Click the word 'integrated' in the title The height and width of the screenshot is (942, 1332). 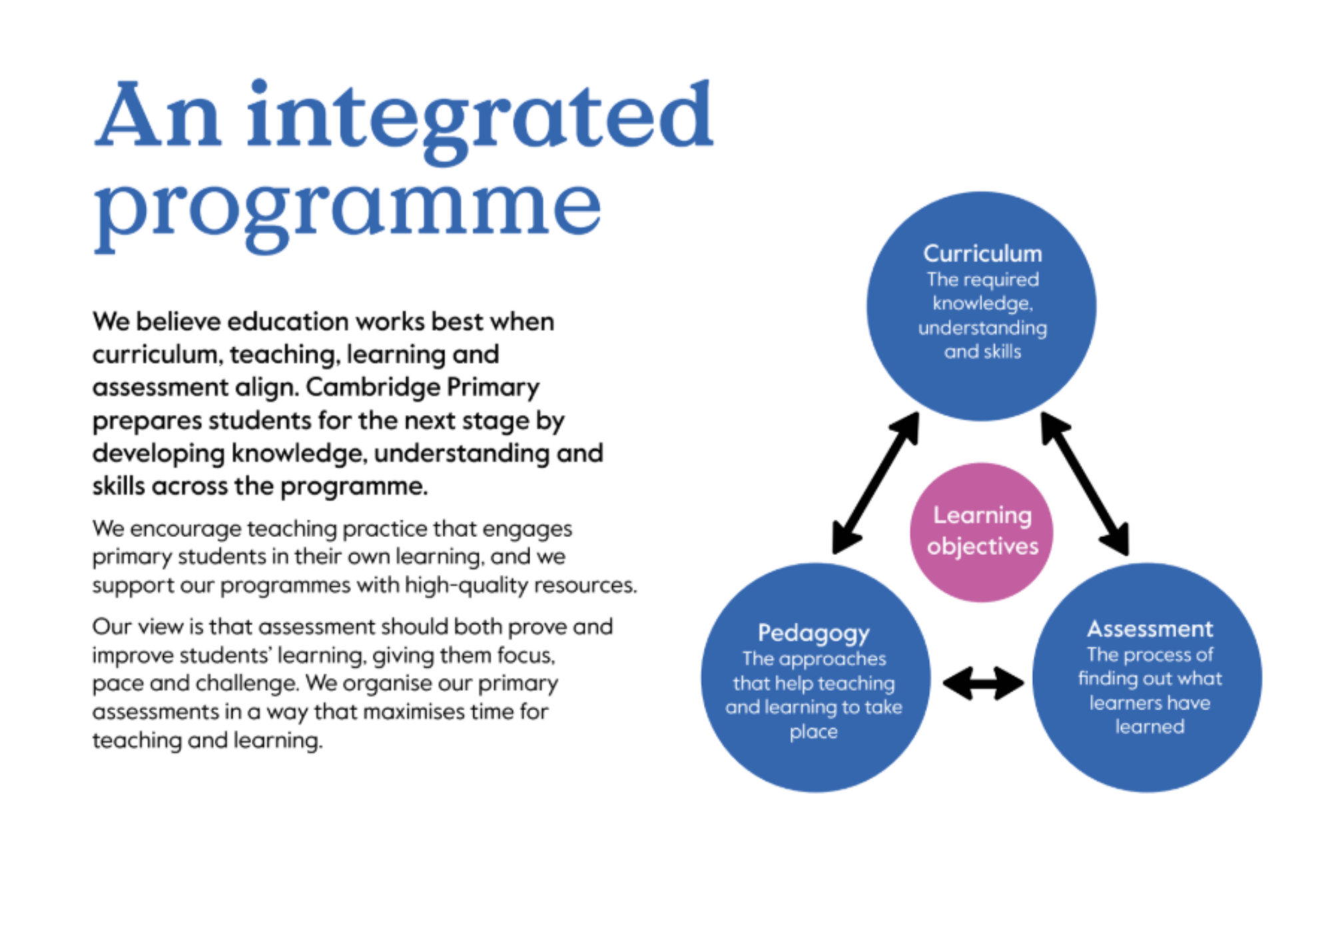tap(480, 120)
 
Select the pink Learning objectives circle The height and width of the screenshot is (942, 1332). tap(982, 532)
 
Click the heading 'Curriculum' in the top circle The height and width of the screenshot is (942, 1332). tap(982, 254)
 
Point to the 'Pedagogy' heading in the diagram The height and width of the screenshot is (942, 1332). tap(814, 634)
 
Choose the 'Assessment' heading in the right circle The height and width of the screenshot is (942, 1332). tap(1150, 629)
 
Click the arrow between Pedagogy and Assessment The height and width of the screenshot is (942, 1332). tap(983, 684)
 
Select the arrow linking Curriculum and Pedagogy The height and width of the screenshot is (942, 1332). tap(876, 483)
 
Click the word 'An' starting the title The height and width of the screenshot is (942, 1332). tap(158, 115)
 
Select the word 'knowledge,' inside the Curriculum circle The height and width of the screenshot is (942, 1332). tap(982, 304)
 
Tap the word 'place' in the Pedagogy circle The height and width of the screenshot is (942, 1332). tap(814, 732)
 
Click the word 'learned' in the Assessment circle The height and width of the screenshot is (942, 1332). tap(1150, 727)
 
